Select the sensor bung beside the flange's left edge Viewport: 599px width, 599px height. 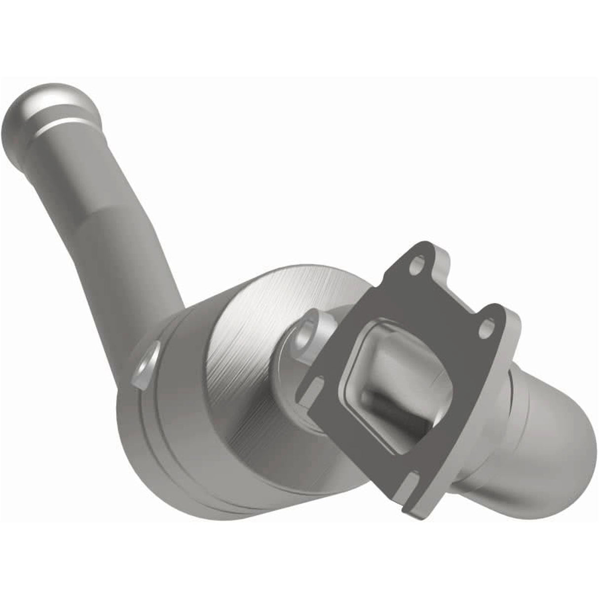tap(306, 328)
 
